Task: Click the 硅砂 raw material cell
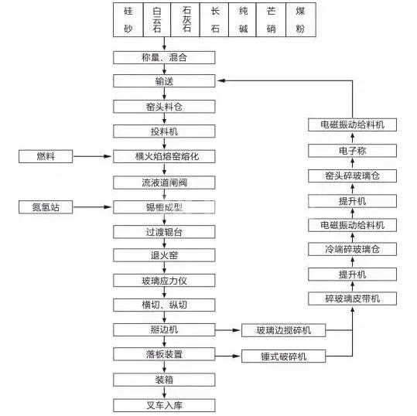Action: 128,19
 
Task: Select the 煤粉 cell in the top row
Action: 301,19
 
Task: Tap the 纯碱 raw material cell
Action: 243,19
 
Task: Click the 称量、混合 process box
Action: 164,58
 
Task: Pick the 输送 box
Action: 164,81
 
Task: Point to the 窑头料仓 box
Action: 164,107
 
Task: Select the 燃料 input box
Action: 46,156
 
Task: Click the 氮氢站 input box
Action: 46,207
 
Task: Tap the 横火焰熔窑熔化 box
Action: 164,156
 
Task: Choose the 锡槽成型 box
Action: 164,207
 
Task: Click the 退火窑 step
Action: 164,255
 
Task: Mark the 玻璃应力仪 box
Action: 164,281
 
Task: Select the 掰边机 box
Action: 164,330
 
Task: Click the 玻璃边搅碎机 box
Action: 283,330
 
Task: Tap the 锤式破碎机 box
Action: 283,356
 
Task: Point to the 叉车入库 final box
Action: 164,405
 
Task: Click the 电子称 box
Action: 352,151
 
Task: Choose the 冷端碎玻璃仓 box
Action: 352,249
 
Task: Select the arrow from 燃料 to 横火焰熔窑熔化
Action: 92,156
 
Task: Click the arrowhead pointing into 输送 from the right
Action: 220,80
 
